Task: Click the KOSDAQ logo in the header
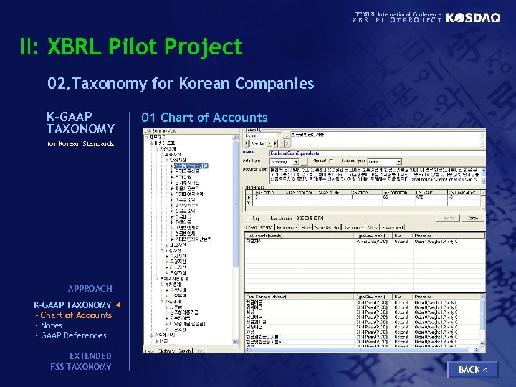point(473,19)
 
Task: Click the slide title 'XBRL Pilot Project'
point(145,47)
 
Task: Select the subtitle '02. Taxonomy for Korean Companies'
point(181,84)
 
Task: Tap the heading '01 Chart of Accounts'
point(204,118)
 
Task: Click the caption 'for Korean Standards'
point(80,144)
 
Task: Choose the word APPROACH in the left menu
point(90,289)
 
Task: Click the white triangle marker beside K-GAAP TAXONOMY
point(118,306)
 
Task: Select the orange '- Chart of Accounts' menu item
point(73,315)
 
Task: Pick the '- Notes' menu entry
point(49,325)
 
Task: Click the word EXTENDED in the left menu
point(90,356)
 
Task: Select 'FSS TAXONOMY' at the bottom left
point(80,367)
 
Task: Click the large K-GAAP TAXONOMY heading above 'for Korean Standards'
point(80,123)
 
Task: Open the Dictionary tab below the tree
point(166,351)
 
